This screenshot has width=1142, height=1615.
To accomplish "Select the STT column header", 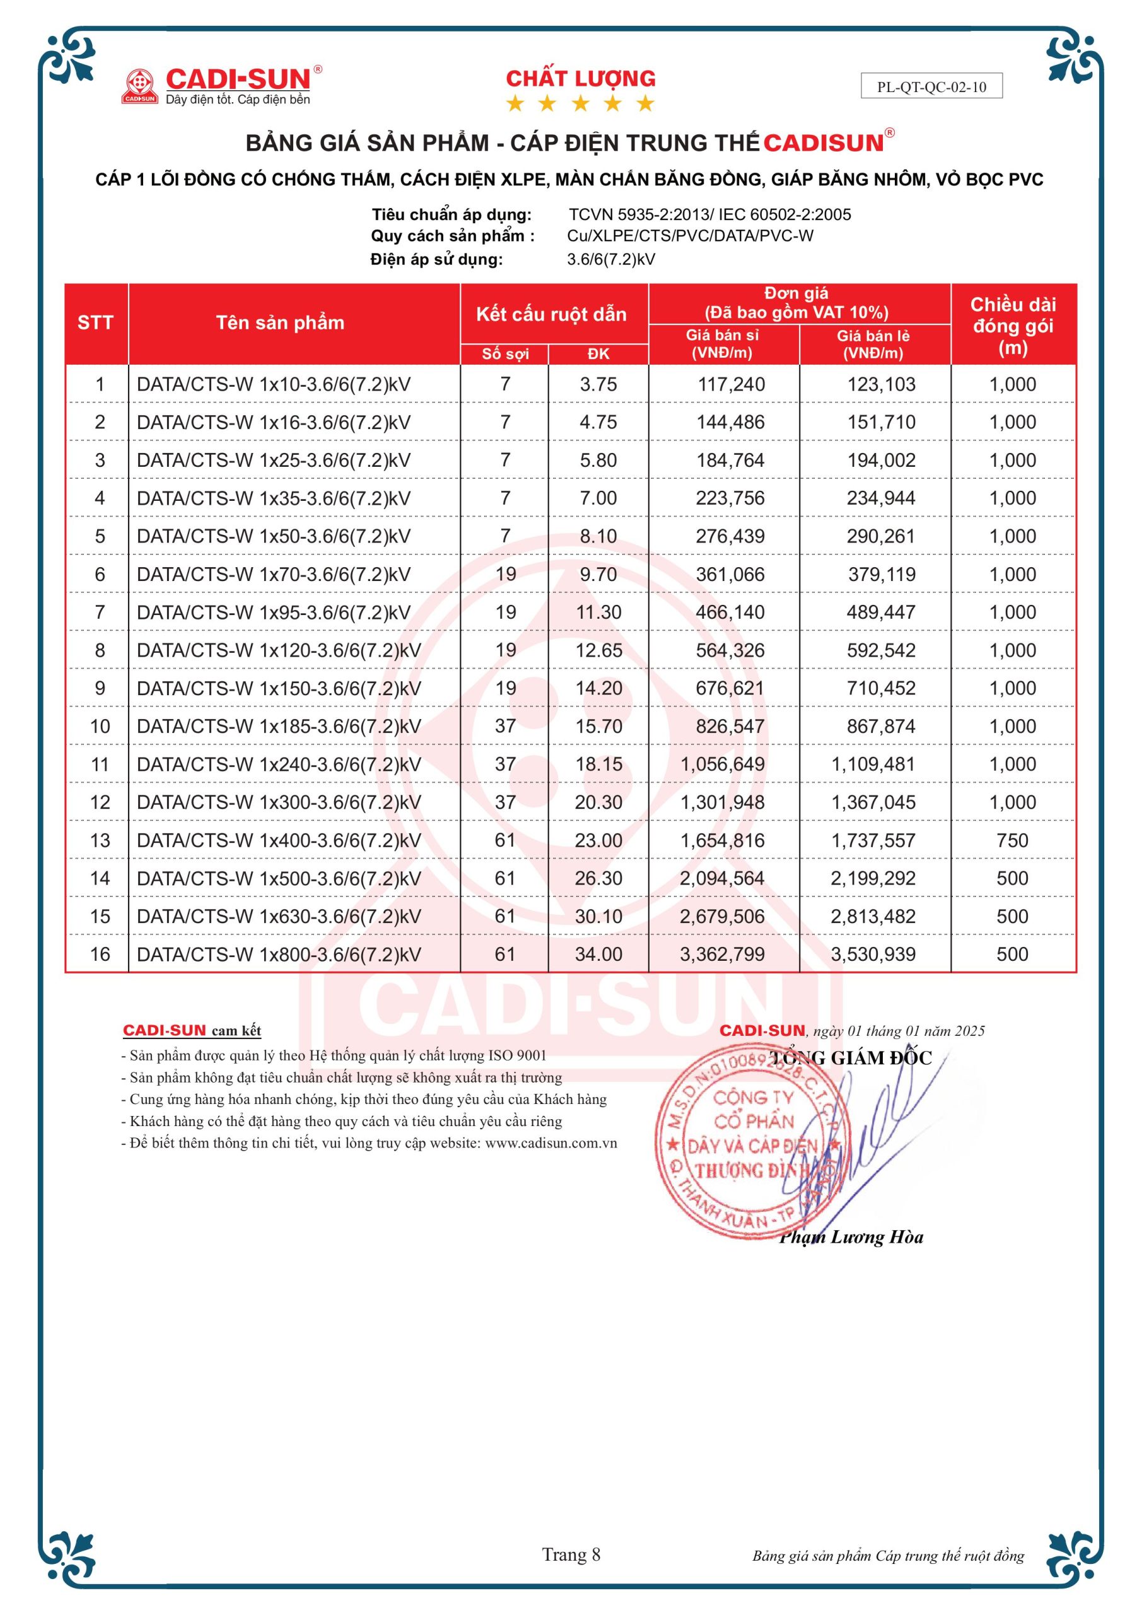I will (96, 323).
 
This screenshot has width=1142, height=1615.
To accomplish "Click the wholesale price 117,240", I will (731, 384).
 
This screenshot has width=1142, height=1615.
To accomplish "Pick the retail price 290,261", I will (880, 536).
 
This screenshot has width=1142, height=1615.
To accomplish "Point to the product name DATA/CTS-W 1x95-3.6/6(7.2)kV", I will (274, 612).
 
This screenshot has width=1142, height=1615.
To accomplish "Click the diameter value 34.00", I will (598, 954).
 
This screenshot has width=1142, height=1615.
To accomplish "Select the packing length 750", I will (1012, 840).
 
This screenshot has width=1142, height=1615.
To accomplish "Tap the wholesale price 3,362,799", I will (722, 954).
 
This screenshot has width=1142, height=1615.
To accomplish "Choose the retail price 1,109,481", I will (873, 764).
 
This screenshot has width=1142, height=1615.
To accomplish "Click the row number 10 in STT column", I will (100, 726).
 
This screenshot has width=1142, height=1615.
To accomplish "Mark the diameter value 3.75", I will (598, 384).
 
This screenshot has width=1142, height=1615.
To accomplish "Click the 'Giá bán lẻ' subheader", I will (873, 344).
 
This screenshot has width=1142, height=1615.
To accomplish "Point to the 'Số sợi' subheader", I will (505, 354).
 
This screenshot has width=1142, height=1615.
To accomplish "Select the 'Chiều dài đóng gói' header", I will (1013, 325).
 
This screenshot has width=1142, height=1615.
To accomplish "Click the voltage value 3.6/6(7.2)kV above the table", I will (610, 259).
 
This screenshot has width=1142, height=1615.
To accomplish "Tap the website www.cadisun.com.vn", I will (551, 1143).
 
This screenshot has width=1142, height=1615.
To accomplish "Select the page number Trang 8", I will (571, 1554).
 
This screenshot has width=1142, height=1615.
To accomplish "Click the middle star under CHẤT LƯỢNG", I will (580, 104).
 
